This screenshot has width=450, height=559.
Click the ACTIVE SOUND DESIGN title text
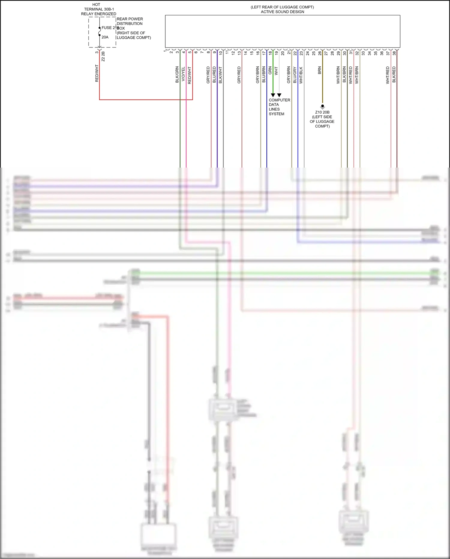click(x=282, y=12)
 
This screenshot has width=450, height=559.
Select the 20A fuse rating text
click(x=105, y=37)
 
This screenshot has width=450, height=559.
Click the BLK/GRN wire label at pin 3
click(x=177, y=74)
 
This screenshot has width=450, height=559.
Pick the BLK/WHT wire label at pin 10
click(x=220, y=75)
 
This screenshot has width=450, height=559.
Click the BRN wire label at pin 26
click(x=319, y=70)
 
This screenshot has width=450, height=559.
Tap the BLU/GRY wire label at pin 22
click(x=295, y=75)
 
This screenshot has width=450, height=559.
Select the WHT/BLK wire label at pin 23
click(x=301, y=75)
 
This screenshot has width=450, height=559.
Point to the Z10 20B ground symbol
click(x=322, y=106)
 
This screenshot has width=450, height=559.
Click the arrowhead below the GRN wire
click(x=273, y=95)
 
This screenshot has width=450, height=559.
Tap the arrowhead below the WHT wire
click(x=279, y=95)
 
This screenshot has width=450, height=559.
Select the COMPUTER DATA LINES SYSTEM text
click(x=279, y=107)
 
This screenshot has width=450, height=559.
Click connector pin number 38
click(x=394, y=53)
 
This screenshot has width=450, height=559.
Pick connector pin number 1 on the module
click(x=165, y=51)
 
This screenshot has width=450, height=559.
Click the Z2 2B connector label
click(x=103, y=56)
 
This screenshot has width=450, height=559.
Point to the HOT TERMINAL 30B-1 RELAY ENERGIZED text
click(x=98, y=9)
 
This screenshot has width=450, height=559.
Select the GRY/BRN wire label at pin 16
click(x=258, y=75)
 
